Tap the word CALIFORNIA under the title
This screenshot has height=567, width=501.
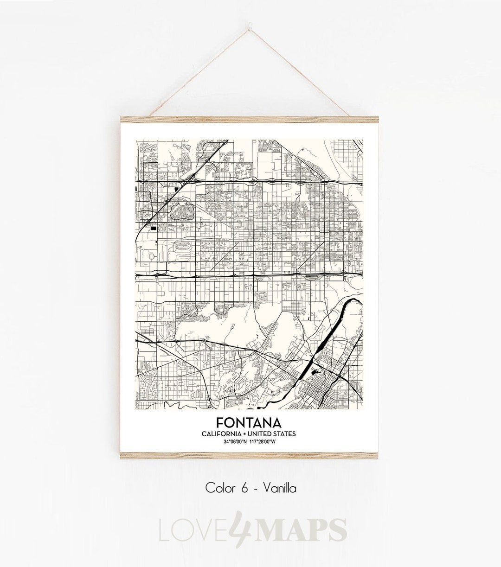pyautogui.click(x=221, y=433)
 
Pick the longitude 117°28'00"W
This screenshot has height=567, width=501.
pyautogui.click(x=269, y=441)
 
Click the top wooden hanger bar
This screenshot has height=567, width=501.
pyautogui.click(x=250, y=119)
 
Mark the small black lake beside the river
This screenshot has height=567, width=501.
pyautogui.click(x=317, y=372)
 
